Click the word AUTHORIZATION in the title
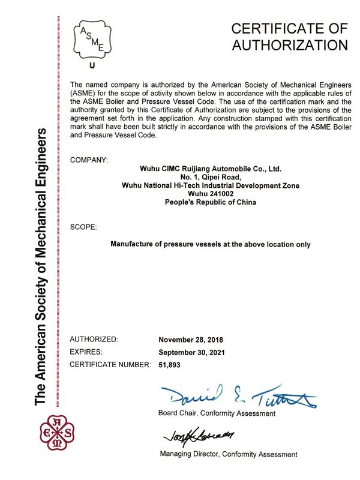(x=289, y=44)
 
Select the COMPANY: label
(x=89, y=160)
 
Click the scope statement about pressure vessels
(x=211, y=244)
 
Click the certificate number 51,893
(x=169, y=364)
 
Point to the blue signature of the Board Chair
(x=237, y=394)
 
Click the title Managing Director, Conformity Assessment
(x=228, y=454)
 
